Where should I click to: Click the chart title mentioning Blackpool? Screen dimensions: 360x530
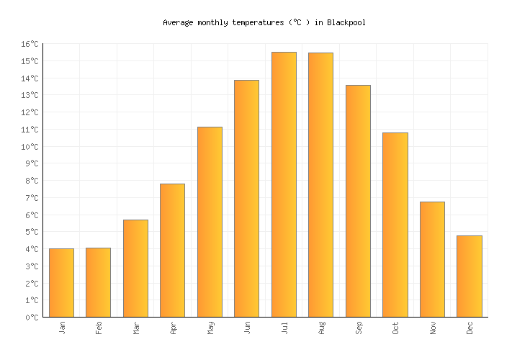coord(264,22)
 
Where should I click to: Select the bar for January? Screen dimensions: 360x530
coord(61,282)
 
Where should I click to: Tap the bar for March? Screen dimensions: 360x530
coord(135,268)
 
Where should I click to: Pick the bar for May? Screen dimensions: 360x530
coord(210,222)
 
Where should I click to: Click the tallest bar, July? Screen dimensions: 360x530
coord(284,184)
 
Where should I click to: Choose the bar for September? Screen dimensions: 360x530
coord(358,201)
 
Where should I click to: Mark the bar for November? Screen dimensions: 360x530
coord(432,259)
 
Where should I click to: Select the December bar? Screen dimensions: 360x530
coord(469,276)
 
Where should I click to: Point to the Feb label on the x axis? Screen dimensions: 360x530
coord(99,328)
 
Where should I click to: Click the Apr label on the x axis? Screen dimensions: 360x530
coord(174,328)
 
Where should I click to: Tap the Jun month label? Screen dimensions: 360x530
coord(248,328)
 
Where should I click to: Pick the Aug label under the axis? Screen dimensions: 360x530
coord(322,328)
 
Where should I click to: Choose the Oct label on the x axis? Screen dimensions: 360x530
coord(395,328)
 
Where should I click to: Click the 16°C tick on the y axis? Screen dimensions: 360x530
coord(30,45)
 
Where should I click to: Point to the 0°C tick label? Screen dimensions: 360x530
coord(32,318)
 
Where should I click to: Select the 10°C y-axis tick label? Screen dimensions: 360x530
coord(30,147)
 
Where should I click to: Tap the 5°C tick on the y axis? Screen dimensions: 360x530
coord(32,233)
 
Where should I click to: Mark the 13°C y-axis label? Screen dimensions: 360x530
coord(30,96)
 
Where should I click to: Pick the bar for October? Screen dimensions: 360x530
coord(395,225)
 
